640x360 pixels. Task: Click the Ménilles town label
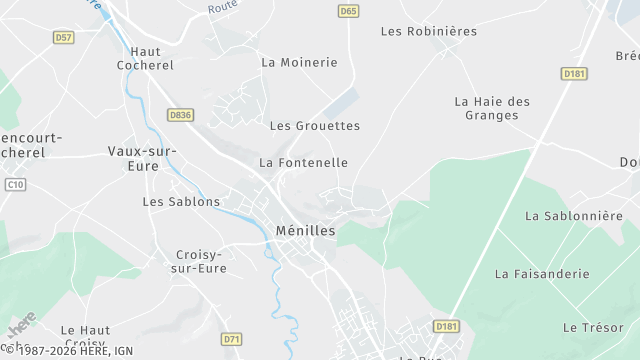[305, 231]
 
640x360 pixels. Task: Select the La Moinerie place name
[299, 62]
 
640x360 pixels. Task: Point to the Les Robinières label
[429, 31]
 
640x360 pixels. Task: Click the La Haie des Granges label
[492, 108]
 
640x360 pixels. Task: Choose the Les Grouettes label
[314, 126]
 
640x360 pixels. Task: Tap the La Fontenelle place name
[304, 162]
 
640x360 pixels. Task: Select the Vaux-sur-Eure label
[142, 158]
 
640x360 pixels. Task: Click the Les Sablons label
[181, 201]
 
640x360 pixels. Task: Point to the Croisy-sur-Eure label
[199, 261]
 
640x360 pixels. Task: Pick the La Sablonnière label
[574, 215]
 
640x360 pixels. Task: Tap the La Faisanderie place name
[542, 273]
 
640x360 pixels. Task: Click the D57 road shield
[64, 37]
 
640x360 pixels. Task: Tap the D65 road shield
[348, 11]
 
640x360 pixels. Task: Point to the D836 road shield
[181, 115]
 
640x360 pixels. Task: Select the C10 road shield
[14, 184]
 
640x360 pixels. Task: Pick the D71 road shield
[232, 339]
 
